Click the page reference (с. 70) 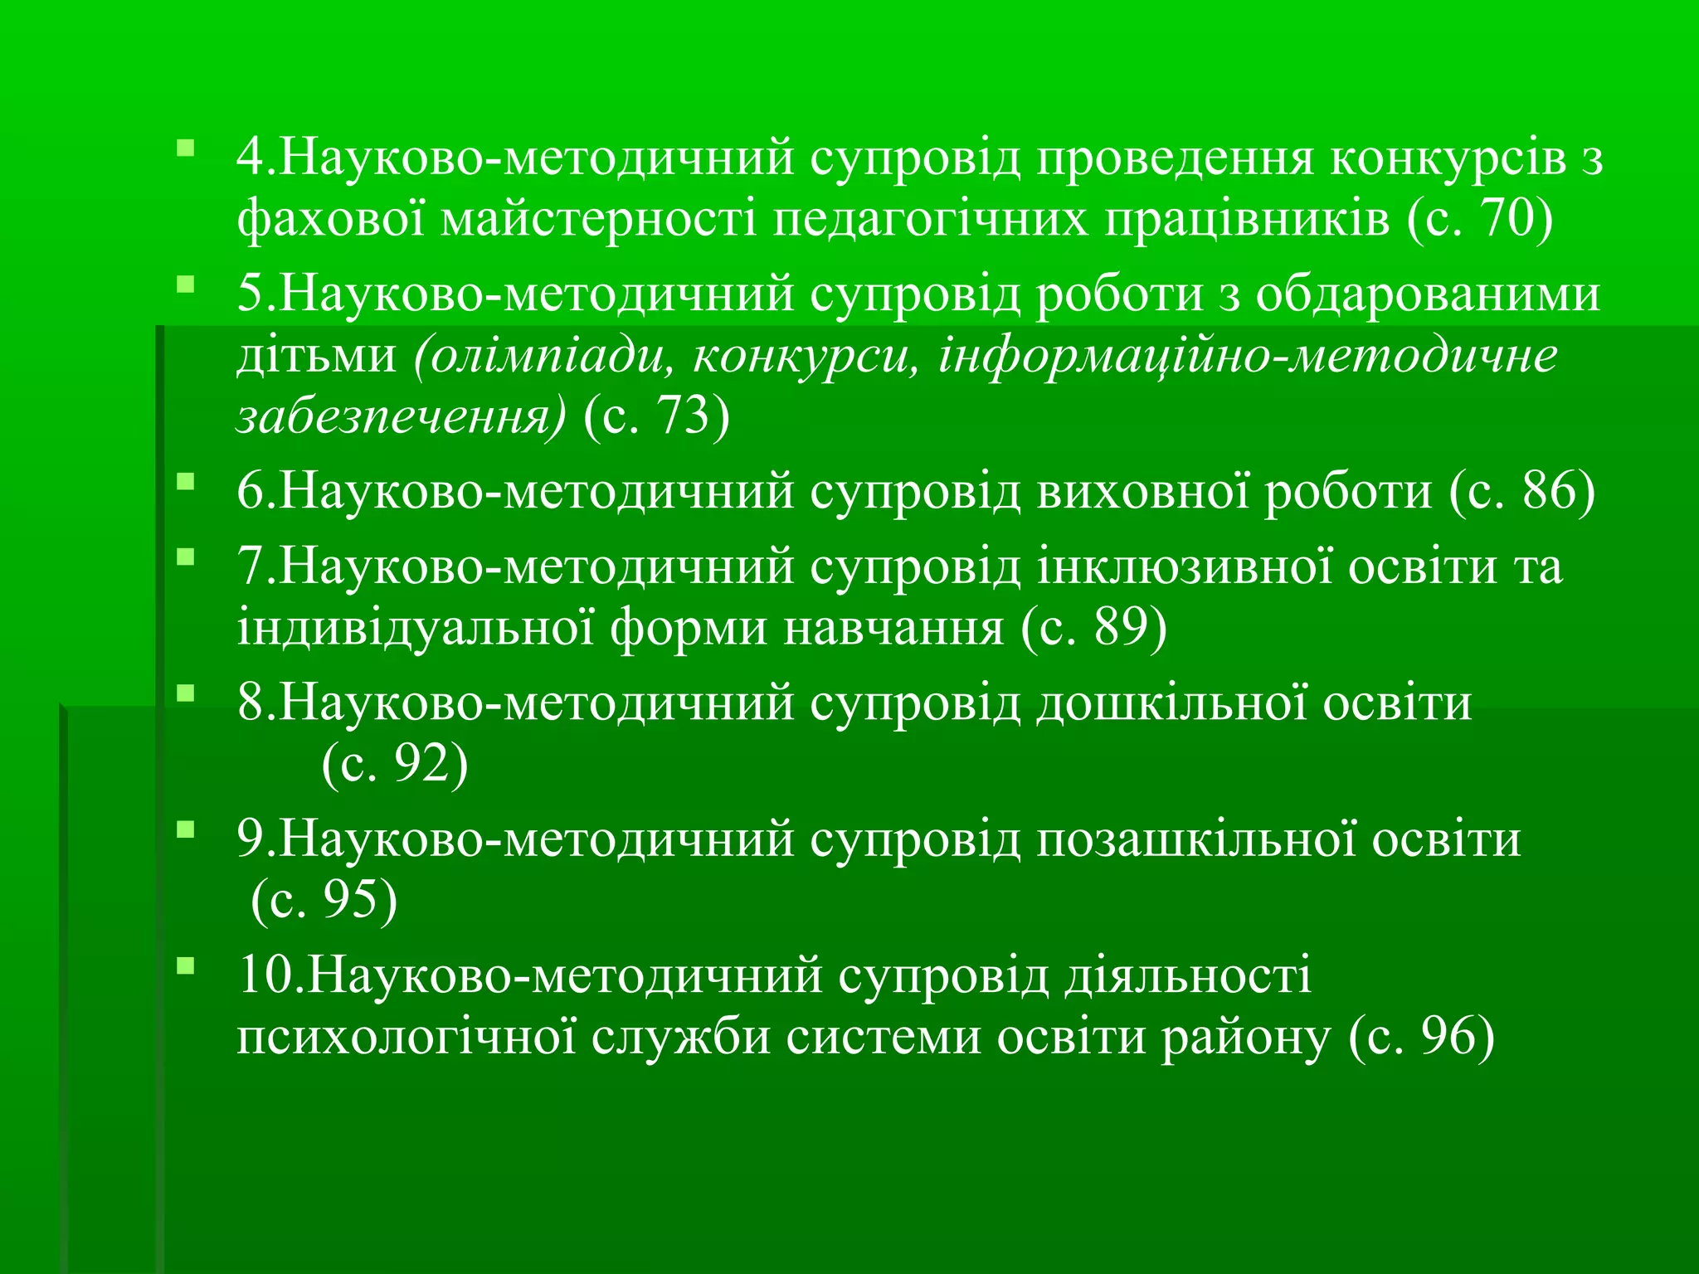coord(1480,220)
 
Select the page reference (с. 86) coord(1522,491)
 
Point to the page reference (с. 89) coord(1094,627)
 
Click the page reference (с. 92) coord(395,763)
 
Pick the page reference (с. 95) coord(324,899)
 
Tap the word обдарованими coord(1427,294)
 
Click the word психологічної coord(406,1037)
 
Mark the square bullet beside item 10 coord(186,965)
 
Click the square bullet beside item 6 coord(186,481)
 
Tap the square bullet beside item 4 coord(186,149)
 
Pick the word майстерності coord(598,220)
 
